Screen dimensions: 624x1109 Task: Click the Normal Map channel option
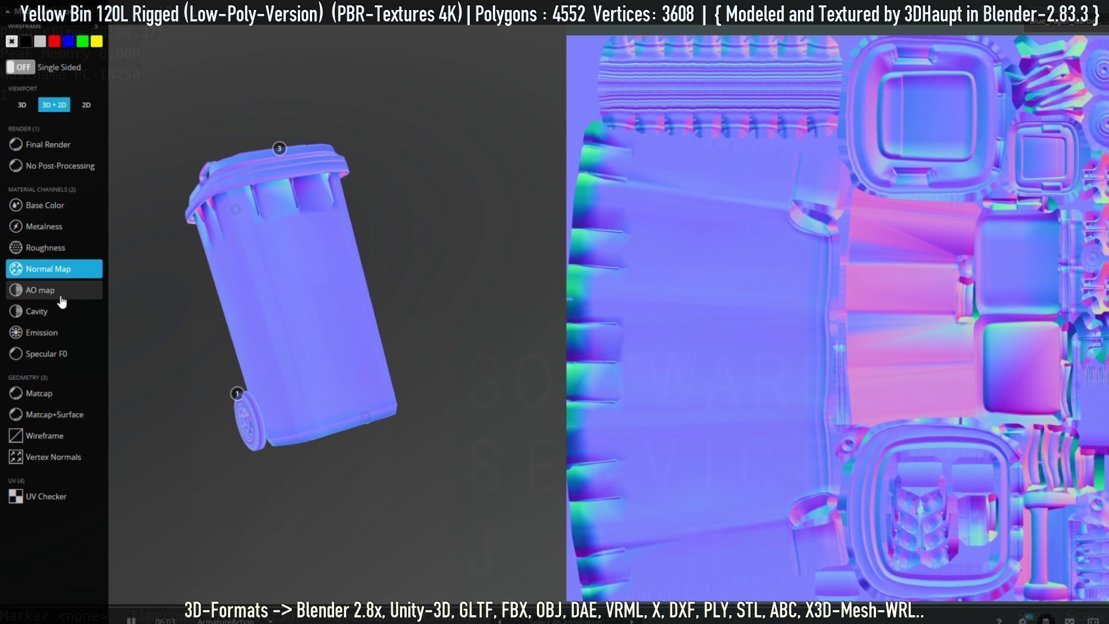[x=54, y=269]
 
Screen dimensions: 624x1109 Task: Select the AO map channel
[x=54, y=290]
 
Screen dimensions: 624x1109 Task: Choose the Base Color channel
[x=45, y=205]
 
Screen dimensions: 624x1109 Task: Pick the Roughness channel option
[x=45, y=248]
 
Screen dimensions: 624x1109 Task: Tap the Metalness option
[x=44, y=226]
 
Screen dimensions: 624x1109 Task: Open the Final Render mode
[x=48, y=144]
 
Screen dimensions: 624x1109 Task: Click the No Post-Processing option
[x=60, y=166]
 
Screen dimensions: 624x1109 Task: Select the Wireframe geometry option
[x=44, y=436]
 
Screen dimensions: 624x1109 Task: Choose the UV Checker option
[x=46, y=497]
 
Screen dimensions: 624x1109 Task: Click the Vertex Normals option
[x=53, y=457]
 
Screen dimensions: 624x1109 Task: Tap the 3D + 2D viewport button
[x=54, y=105]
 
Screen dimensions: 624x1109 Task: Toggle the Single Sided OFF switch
[x=20, y=67]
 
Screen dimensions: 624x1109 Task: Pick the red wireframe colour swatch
[x=54, y=41]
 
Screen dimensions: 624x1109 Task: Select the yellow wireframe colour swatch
[x=97, y=41]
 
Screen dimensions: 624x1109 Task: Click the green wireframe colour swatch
[x=82, y=41]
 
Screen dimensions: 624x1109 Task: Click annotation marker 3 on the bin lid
[x=279, y=148]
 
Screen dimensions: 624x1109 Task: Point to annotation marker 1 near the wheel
[x=237, y=393]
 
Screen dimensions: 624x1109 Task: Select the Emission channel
[x=41, y=332]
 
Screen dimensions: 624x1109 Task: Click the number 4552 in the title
[x=568, y=14]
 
